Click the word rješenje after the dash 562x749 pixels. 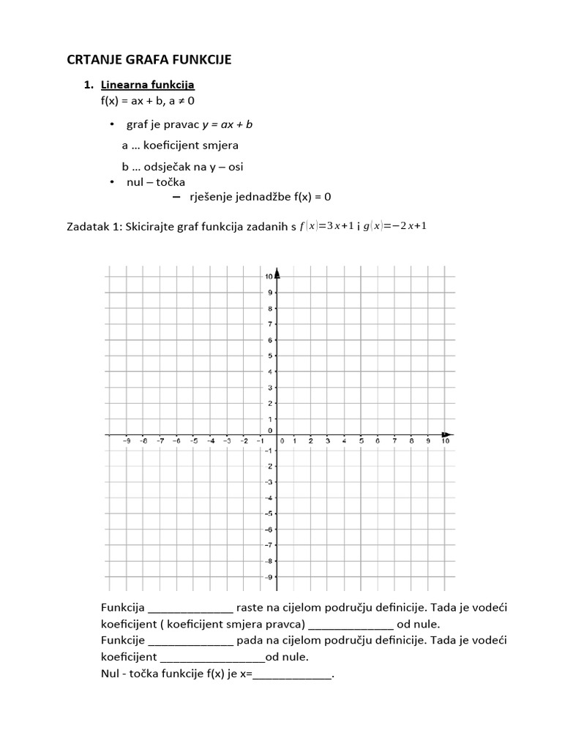[222, 197]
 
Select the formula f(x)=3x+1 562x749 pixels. [327, 226]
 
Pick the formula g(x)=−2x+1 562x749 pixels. [395, 226]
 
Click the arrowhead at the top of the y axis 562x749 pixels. [277, 274]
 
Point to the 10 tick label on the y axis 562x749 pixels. [269, 276]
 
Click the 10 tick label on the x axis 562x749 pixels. [445, 441]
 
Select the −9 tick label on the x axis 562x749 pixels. [127, 441]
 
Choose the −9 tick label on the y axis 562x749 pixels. [269, 577]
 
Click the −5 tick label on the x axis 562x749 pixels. [194, 441]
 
